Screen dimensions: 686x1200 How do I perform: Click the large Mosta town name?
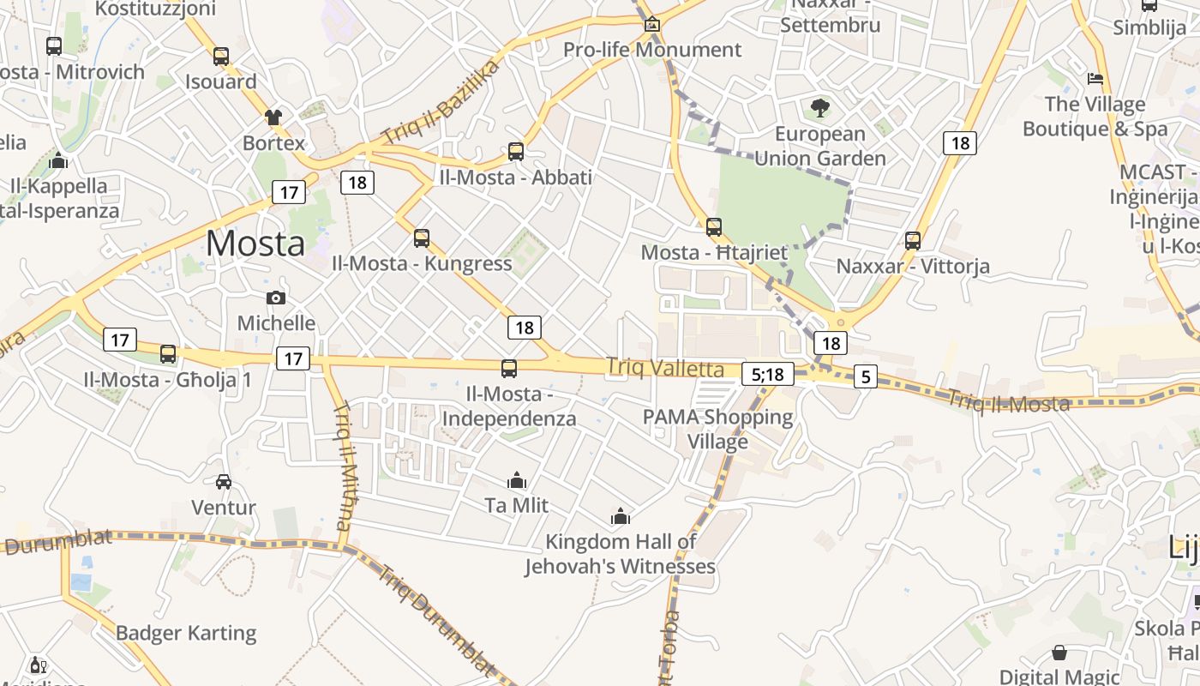click(x=255, y=244)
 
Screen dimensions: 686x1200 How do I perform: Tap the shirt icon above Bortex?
click(x=273, y=117)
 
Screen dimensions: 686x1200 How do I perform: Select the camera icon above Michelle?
click(x=276, y=298)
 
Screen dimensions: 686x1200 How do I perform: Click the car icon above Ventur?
click(x=224, y=482)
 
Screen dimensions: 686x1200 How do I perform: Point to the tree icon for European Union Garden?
click(x=820, y=108)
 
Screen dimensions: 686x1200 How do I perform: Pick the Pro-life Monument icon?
click(x=652, y=24)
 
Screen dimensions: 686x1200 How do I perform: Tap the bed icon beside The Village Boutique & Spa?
click(x=1095, y=79)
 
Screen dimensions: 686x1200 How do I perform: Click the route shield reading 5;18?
click(x=767, y=374)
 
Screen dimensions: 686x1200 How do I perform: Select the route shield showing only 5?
click(x=866, y=376)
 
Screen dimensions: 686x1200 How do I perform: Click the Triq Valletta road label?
click(x=665, y=369)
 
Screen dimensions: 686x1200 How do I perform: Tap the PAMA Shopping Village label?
click(x=718, y=429)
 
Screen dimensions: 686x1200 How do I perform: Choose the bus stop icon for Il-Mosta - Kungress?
click(x=422, y=238)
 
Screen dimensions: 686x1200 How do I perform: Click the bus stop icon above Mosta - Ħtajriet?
click(x=714, y=227)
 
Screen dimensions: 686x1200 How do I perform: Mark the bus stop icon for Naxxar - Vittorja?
click(x=913, y=241)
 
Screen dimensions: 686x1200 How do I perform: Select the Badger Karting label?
click(x=186, y=633)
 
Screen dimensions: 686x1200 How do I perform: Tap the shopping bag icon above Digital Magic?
click(x=1059, y=653)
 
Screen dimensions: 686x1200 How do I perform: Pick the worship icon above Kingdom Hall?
click(x=621, y=516)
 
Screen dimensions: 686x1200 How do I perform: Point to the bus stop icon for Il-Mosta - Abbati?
click(x=516, y=152)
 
